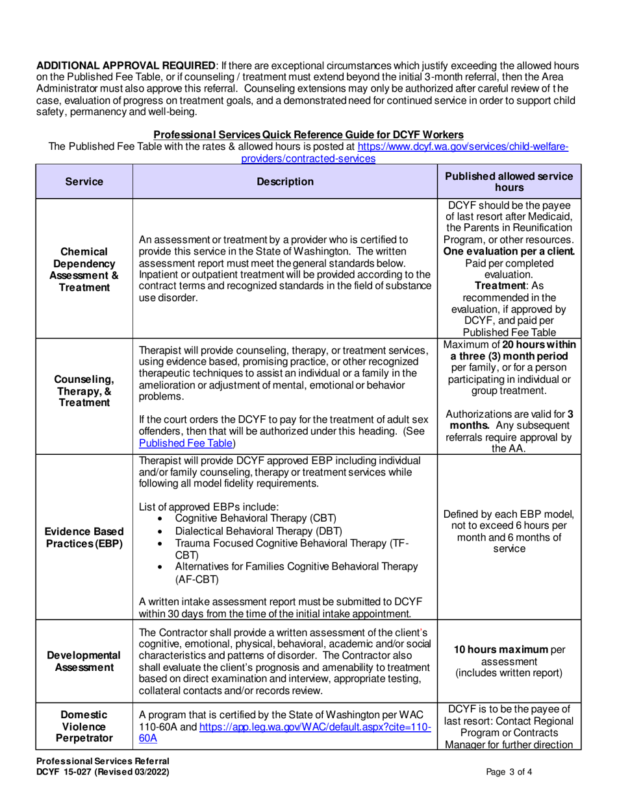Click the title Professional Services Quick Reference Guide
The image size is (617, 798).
[x=308, y=134]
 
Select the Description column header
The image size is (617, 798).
[x=285, y=182]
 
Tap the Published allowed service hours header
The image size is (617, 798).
[x=509, y=182]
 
